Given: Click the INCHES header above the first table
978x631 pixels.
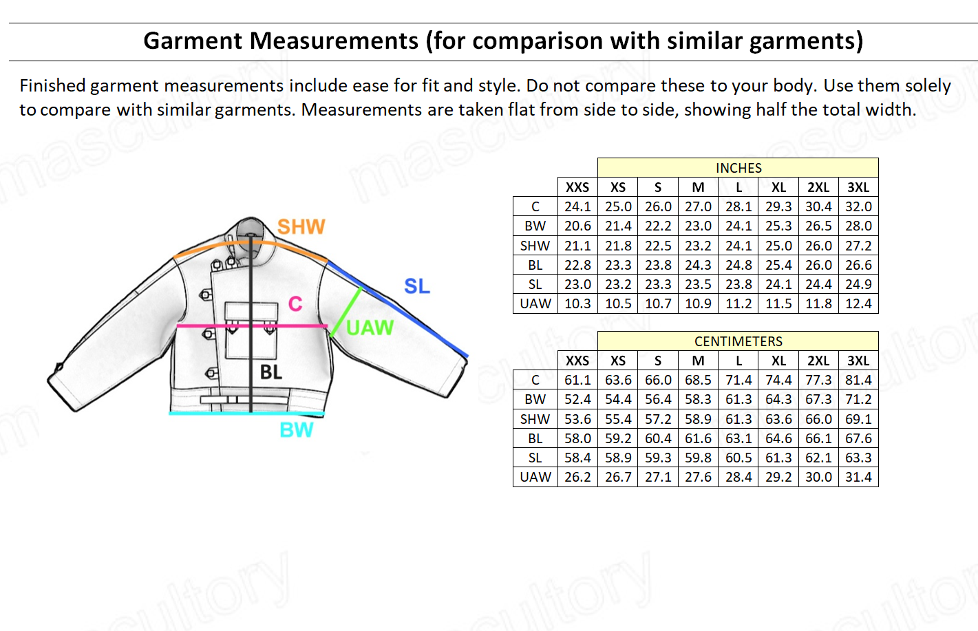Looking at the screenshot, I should pos(738,168).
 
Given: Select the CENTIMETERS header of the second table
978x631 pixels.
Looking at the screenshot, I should pos(738,341).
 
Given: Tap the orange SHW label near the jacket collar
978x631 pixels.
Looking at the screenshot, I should pos(301,227).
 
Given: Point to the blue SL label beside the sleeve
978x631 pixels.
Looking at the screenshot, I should pos(416,286).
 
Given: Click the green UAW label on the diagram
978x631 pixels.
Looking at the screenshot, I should pos(370,328).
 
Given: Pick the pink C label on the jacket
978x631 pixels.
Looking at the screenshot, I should pos(295,304).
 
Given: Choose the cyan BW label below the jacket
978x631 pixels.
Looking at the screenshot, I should pos(297,430).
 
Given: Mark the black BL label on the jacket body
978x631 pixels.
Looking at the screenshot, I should pos(270,372).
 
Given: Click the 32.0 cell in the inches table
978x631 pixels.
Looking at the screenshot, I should pos(858,206).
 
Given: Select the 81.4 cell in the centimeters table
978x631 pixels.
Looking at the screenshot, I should pos(858,380).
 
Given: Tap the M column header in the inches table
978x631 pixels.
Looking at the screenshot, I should pos(698,187).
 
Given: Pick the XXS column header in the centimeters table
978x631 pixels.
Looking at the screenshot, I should pos(577,361).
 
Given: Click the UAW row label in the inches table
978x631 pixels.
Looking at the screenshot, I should pos(535,303).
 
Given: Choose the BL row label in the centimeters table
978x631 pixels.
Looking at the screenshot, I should pos(535,438).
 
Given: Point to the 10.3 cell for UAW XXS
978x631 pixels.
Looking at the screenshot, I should pos(577,303).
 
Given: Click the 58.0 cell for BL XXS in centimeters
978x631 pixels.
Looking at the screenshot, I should pos(577,438).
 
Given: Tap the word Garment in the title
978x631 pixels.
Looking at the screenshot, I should pos(193,41).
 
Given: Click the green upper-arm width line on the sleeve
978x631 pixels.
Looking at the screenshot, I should pos(346,311).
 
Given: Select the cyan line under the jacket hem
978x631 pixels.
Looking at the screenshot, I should pos(246,413).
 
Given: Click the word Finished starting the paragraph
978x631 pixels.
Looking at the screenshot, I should pos(52,86).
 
